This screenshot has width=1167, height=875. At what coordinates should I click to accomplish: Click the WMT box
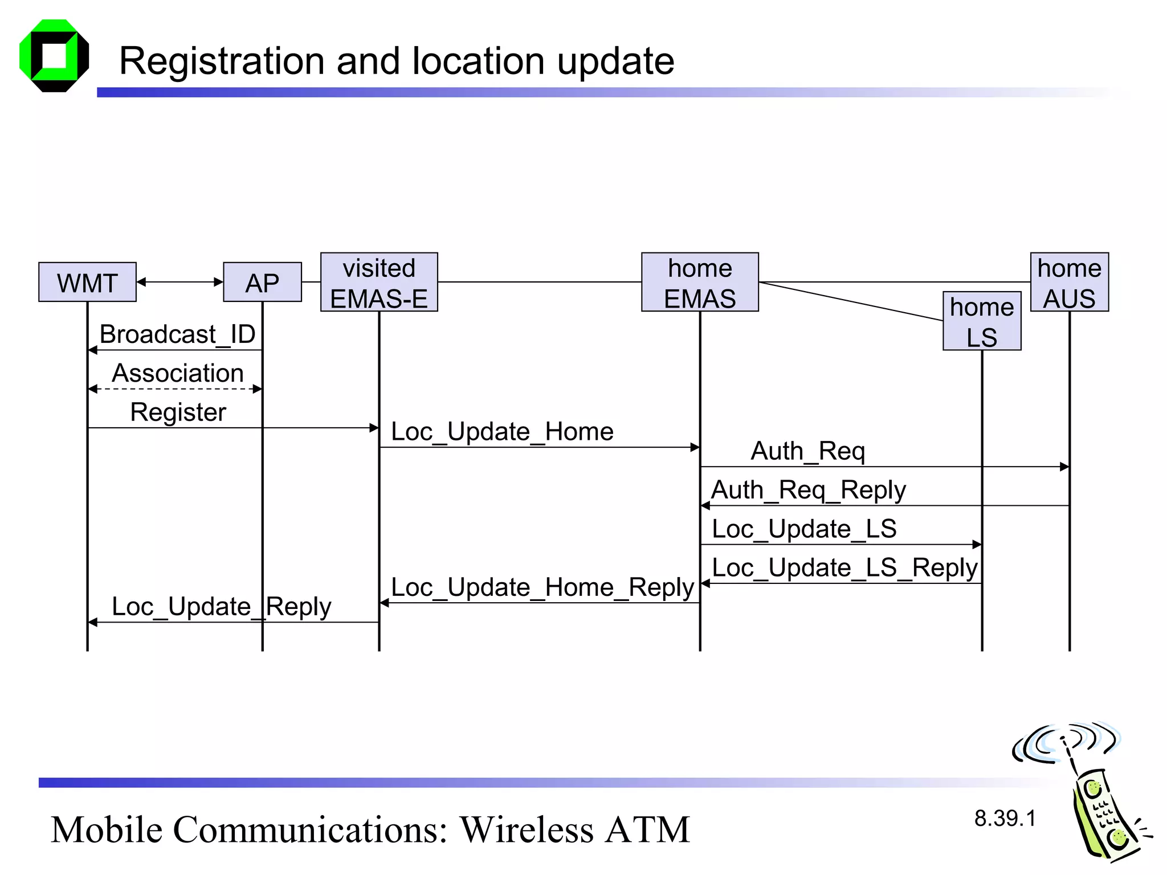pyautogui.click(x=87, y=282)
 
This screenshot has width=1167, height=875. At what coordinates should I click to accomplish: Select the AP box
pyautogui.click(x=262, y=282)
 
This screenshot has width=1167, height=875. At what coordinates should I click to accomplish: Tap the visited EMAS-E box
pyautogui.click(x=379, y=282)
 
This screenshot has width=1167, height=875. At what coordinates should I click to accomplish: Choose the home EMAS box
pyautogui.click(x=700, y=282)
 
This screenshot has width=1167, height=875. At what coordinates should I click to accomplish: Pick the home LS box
pyautogui.click(x=982, y=321)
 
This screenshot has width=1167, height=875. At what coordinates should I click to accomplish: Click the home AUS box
pyautogui.click(x=1069, y=282)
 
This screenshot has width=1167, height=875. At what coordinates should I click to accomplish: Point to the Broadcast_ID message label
pyautogui.click(x=177, y=334)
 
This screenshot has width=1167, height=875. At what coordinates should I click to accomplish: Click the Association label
pyautogui.click(x=177, y=373)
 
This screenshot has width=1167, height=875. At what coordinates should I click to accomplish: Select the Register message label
pyautogui.click(x=178, y=412)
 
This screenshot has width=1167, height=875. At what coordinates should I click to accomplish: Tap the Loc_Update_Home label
pyautogui.click(x=501, y=431)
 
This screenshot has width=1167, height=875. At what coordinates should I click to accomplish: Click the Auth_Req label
pyautogui.click(x=807, y=451)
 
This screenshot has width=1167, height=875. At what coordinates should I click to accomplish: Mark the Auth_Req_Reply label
pyautogui.click(x=808, y=490)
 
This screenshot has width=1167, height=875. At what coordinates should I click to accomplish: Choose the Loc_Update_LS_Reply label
pyautogui.click(x=844, y=568)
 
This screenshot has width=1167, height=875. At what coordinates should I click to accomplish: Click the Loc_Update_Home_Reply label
pyautogui.click(x=542, y=587)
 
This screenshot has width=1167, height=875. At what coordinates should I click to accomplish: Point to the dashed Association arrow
pyautogui.click(x=176, y=389)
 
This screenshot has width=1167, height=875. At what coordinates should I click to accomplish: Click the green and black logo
pyautogui.click(x=54, y=56)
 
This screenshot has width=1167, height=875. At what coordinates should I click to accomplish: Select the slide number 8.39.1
pyautogui.click(x=1005, y=818)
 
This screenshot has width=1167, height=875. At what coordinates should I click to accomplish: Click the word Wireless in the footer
pyautogui.click(x=527, y=829)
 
